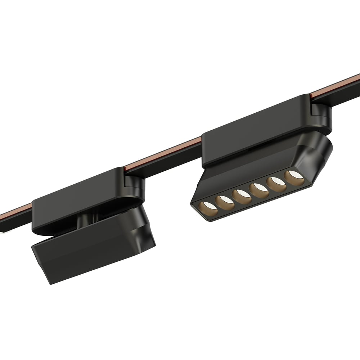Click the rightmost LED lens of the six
point(292,175)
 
